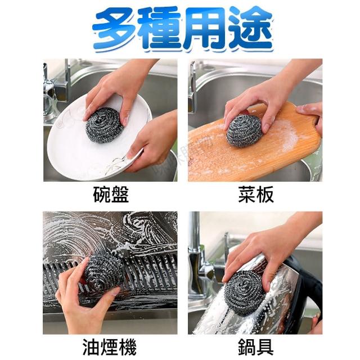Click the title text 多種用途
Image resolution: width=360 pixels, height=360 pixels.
pos(183,29)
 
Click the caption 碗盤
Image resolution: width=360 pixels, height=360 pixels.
pos(111,195)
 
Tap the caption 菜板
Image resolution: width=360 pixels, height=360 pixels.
pos(256,195)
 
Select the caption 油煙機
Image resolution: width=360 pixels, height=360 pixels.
pos(110,348)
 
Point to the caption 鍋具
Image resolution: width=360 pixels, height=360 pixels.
pos(255,348)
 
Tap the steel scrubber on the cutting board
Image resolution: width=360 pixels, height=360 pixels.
pos(244,130)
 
